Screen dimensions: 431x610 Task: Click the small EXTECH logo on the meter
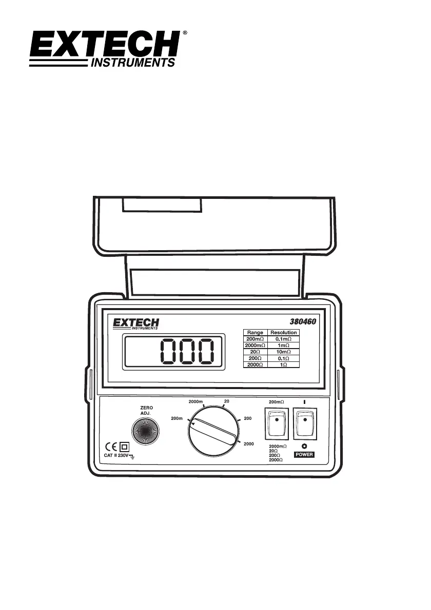coord(136,324)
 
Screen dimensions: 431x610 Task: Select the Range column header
coord(255,333)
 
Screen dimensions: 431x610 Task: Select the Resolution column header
coord(283,333)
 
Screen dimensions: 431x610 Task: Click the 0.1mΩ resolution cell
coord(283,339)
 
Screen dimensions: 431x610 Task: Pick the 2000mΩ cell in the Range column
coord(255,346)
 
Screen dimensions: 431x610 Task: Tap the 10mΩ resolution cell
coord(283,353)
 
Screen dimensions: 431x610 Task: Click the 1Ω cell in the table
coord(283,365)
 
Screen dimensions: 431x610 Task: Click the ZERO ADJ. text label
coord(147,410)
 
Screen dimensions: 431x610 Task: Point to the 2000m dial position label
coord(198,401)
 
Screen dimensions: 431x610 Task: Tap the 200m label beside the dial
coord(177,418)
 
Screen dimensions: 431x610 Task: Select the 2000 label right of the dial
coord(249,443)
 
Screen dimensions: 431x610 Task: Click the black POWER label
coord(304,455)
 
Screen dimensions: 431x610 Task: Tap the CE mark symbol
coord(110,445)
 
